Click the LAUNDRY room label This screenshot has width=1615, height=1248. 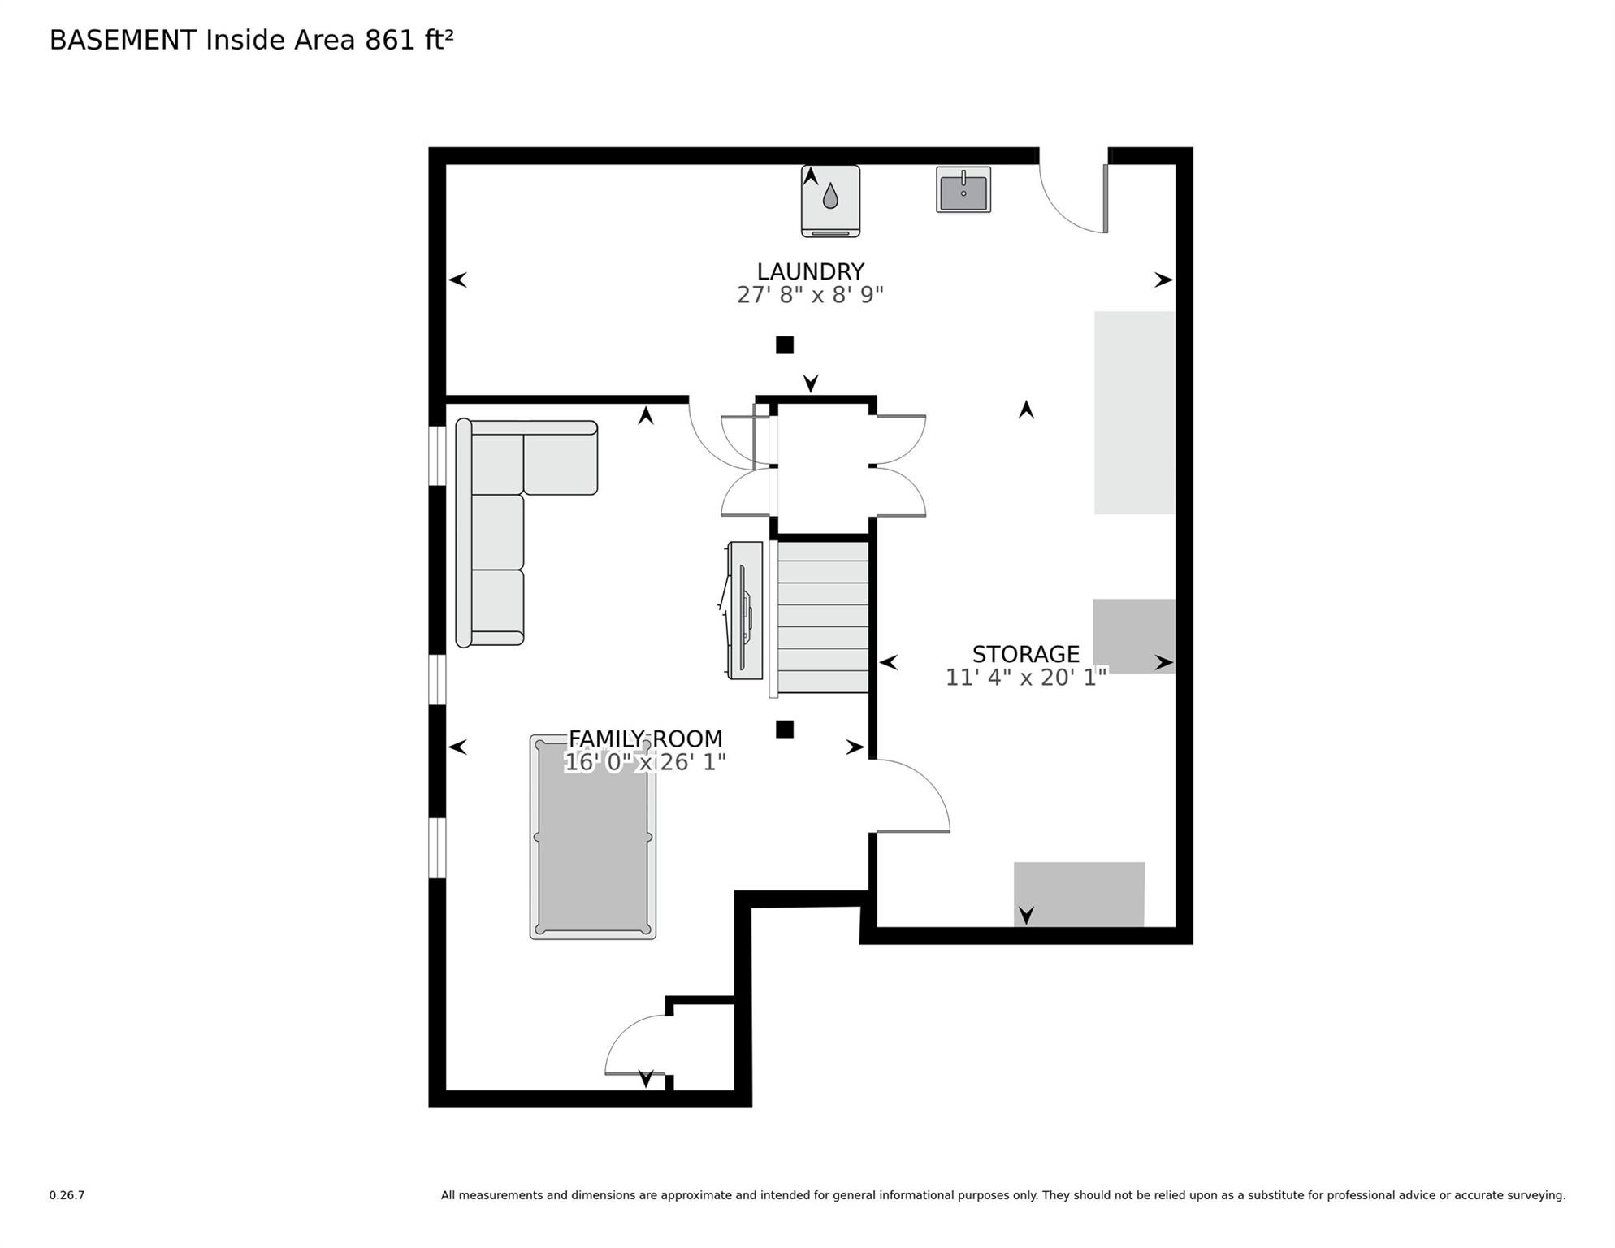coord(810,271)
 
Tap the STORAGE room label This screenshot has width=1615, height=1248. coord(1025,654)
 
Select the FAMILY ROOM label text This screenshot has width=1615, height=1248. coord(645,739)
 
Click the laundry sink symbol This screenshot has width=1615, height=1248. coord(963,189)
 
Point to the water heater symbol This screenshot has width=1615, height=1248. coord(830,201)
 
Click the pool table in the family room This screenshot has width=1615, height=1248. coord(593,837)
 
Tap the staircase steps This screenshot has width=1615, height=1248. coord(823,617)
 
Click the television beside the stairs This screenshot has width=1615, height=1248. coord(743,610)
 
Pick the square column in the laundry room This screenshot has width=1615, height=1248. coord(784,345)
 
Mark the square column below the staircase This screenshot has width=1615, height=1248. coord(784,730)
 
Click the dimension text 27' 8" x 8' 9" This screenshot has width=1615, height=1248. coord(810,295)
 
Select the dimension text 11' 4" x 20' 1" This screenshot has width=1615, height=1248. coord(1026,678)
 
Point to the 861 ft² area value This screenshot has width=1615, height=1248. coord(409,40)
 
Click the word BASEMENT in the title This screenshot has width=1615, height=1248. coord(123,40)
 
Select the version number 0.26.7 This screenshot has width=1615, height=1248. coord(67,1195)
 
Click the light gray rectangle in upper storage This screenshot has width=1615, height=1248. coord(1134,413)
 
